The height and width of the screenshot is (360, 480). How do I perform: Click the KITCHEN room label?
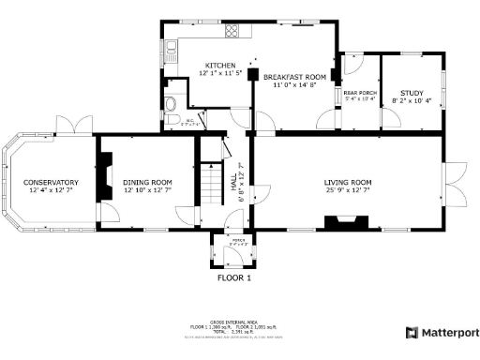point(221,65)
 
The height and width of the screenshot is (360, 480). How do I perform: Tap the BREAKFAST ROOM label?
point(293,76)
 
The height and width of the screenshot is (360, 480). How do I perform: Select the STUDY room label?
point(412,92)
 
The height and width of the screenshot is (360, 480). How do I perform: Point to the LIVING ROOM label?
point(349,182)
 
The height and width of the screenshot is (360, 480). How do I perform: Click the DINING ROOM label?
point(148,182)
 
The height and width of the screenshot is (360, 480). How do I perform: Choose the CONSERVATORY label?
point(51,182)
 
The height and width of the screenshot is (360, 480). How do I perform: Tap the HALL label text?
point(234,187)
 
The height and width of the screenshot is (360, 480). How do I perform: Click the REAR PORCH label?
point(359,93)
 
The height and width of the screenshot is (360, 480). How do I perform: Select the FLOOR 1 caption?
point(235,278)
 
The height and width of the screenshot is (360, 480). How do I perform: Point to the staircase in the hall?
point(215,178)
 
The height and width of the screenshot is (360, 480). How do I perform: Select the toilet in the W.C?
point(170,104)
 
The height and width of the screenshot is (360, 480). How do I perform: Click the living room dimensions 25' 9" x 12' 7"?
point(349,190)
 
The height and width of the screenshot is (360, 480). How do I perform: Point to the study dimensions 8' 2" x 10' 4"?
point(412,100)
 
